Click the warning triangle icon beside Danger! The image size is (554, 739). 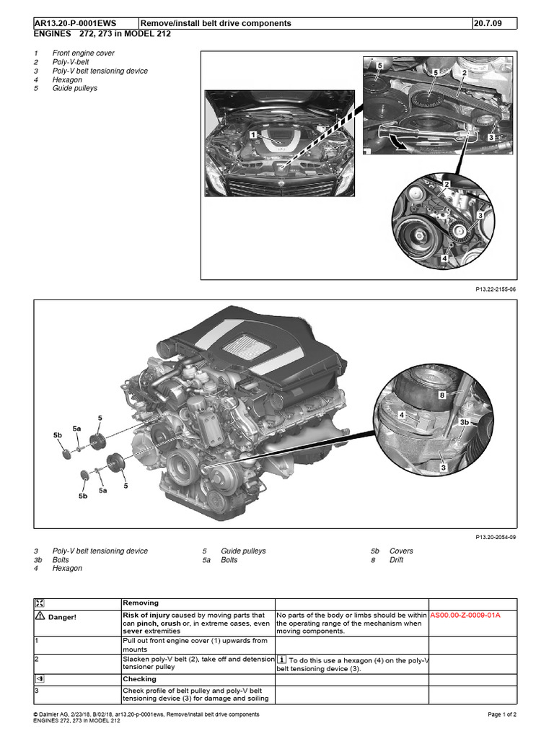(40, 616)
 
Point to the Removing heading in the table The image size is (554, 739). (141, 603)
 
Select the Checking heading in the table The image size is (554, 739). (139, 679)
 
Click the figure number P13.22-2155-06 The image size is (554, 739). (496, 289)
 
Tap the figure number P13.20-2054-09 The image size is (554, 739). (496, 537)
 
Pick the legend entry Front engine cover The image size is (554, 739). (83, 53)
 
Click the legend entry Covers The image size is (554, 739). (401, 551)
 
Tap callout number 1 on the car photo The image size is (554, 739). (253, 134)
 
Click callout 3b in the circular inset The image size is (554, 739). (465, 421)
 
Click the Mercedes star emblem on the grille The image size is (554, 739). (279, 185)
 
